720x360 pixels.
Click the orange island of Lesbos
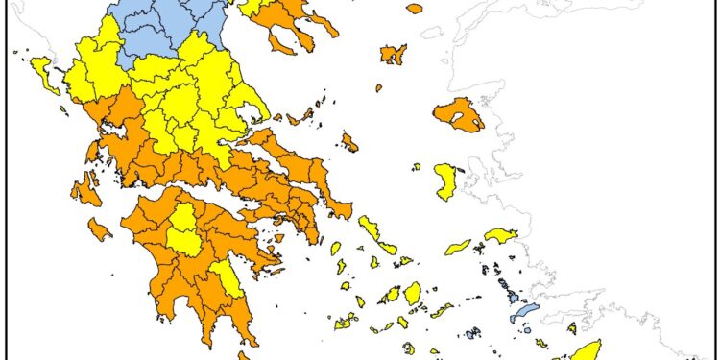[x=458, y=114]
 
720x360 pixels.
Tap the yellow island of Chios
[x=445, y=180]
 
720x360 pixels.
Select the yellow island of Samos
[x=501, y=235]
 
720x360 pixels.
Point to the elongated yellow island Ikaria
[x=458, y=248]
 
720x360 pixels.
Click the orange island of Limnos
[x=393, y=54]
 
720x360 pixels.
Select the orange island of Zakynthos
[x=99, y=229]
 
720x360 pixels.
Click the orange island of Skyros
[x=349, y=143]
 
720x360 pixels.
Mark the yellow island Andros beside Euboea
[x=369, y=228]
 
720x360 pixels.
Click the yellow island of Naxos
[x=413, y=293]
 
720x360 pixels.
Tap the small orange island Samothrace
[x=414, y=9]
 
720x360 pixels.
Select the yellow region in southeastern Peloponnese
[x=226, y=278]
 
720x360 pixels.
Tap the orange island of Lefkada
[x=92, y=153]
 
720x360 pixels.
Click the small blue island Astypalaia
[x=471, y=334]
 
